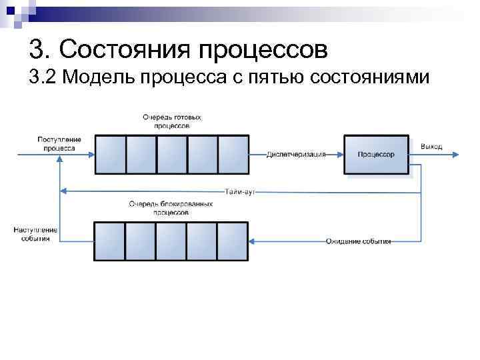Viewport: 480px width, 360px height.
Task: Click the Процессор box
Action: tap(376, 155)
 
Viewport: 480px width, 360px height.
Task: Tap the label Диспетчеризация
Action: tap(296, 155)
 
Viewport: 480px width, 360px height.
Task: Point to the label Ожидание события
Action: tap(358, 241)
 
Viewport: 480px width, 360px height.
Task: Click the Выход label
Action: tap(431, 146)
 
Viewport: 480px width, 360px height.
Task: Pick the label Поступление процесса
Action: tap(59, 143)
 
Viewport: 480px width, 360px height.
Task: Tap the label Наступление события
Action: tap(35, 234)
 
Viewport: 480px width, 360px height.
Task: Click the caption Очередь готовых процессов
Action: tap(171, 121)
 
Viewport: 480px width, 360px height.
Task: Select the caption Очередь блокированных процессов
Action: tap(171, 207)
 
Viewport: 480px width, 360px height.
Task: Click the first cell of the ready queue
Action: tap(109, 155)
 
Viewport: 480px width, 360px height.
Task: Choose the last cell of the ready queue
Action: tap(233, 155)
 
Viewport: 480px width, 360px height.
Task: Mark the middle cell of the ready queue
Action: tap(171, 155)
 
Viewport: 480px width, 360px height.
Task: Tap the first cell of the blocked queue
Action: tap(109, 241)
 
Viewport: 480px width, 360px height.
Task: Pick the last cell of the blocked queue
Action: tap(233, 241)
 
